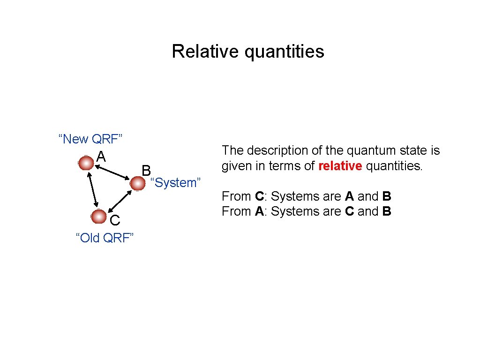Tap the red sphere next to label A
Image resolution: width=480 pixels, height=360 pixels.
click(86, 164)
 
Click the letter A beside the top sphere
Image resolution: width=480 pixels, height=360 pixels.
click(101, 156)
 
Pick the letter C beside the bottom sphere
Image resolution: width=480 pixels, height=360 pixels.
click(115, 220)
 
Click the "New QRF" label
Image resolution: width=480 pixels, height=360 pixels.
click(90, 139)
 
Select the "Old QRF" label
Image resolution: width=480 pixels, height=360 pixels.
click(105, 238)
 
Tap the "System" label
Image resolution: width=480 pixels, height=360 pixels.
click(175, 183)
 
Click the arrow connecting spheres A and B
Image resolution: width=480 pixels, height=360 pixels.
click(112, 173)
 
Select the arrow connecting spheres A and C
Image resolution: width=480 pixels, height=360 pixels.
click(92, 190)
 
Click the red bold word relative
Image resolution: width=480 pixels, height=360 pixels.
click(340, 166)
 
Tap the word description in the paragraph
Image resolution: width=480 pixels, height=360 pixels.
click(274, 150)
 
